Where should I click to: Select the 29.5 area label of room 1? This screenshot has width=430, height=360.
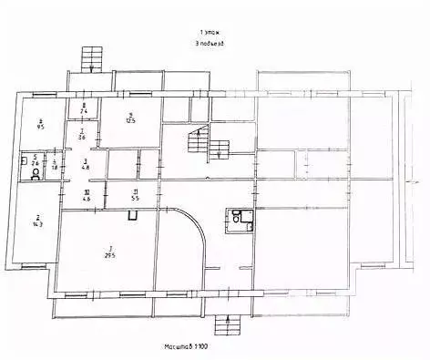coord(110,255)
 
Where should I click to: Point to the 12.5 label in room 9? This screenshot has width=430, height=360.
coord(130,119)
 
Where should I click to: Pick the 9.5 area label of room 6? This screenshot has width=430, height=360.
coord(40,128)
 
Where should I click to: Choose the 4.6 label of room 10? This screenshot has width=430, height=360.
coord(87,197)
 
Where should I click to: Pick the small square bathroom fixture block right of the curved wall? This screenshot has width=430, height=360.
coord(240,219)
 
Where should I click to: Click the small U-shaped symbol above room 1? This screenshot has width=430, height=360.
coord(133,216)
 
